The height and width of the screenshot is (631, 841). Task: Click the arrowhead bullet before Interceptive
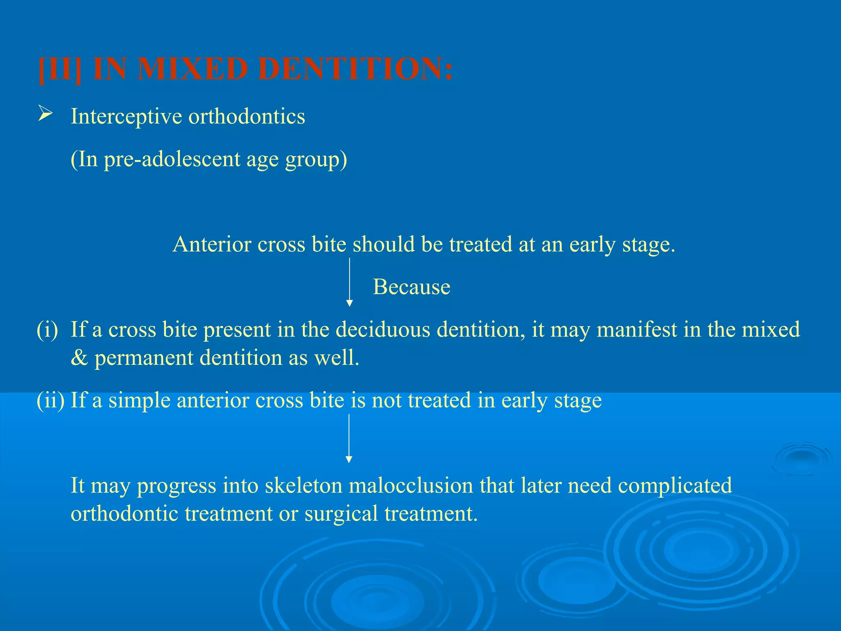[45, 113]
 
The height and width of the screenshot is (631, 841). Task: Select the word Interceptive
[126, 116]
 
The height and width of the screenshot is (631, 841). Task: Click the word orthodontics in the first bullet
[246, 116]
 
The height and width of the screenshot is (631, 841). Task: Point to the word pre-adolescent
[172, 159]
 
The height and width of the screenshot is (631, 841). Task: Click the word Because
[411, 287]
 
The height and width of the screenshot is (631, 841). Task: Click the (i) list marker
[48, 329]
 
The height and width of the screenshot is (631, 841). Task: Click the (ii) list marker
[51, 400]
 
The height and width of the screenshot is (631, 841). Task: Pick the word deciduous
[383, 329]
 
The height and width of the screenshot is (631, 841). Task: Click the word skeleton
[303, 486]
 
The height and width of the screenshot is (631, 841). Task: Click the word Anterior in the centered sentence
[211, 244]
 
